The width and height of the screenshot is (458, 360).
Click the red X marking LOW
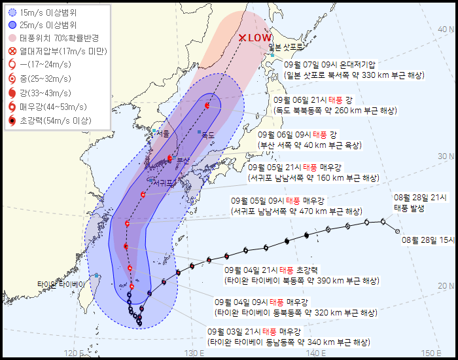[x=243, y=38]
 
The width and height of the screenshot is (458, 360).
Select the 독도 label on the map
[x=208, y=135]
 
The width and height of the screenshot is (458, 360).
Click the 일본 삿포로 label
[x=287, y=47]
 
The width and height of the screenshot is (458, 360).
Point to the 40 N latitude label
[x=447, y=29]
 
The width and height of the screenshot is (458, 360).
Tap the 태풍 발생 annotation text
[x=410, y=208]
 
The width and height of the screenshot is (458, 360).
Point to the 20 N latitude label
[x=447, y=285]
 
